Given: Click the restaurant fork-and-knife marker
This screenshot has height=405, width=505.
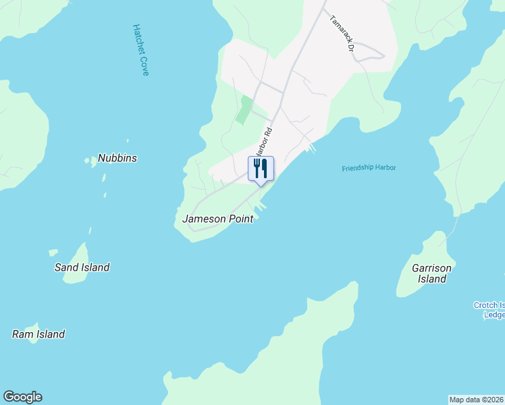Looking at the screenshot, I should pyautogui.click(x=261, y=169).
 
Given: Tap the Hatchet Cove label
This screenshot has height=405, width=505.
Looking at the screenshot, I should pyautogui.click(x=140, y=50).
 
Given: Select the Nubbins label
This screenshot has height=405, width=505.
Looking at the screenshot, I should pyautogui.click(x=117, y=158).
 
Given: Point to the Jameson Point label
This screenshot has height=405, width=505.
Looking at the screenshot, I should pyautogui.click(x=217, y=219).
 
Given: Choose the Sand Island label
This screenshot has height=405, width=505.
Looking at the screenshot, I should pyautogui.click(x=82, y=267).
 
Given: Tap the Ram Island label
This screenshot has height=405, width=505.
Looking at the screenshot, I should pyautogui.click(x=38, y=334).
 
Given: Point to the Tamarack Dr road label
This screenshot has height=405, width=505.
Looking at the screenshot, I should pyautogui.click(x=342, y=33).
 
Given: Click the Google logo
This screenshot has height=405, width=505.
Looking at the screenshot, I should pyautogui.click(x=22, y=397).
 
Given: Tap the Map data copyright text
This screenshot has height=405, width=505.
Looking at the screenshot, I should pyautogui.click(x=476, y=400).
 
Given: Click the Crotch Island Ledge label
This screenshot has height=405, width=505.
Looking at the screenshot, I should pyautogui.click(x=491, y=310).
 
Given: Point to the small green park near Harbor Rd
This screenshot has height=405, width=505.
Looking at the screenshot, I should pyautogui.click(x=243, y=110).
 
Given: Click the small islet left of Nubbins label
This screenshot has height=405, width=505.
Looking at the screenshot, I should pyautogui.click(x=89, y=161).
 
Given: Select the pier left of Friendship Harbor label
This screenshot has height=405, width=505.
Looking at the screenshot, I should pyautogui.click(x=311, y=148).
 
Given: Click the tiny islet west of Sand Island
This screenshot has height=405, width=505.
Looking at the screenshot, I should pyautogui.click(x=53, y=252).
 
